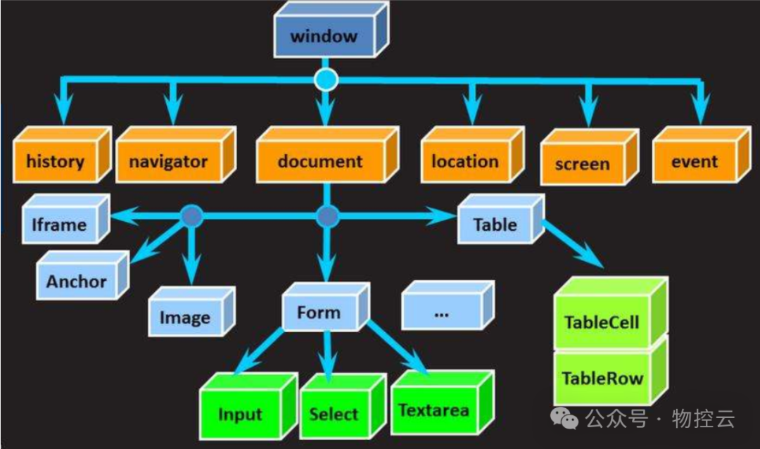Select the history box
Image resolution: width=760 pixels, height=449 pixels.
coord(55,162)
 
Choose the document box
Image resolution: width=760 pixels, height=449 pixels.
coord(320,162)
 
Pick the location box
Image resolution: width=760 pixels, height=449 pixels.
coord(464,162)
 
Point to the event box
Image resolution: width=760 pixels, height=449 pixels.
coord(693,162)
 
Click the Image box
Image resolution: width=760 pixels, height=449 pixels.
coord(184,318)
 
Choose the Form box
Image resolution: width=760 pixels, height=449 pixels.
coord(318,312)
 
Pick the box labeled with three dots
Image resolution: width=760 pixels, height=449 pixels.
coord(441,312)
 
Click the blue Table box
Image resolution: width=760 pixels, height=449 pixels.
coord(495,225)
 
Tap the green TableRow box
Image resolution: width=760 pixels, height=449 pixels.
coord(602,379)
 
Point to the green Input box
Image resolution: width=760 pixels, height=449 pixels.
coord(240,415)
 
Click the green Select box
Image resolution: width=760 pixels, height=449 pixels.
coord(334,414)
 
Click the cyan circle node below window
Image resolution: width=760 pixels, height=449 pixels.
coord(325,80)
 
